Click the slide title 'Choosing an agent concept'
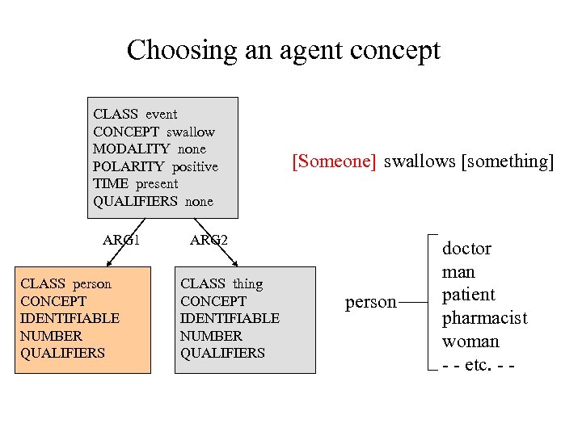point(284,51)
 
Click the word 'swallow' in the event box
point(191,132)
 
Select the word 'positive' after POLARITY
point(194,166)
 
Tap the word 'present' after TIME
point(157,183)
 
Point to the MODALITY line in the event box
point(150,149)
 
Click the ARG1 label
point(121,239)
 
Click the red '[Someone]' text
point(334,161)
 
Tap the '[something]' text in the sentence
point(508,161)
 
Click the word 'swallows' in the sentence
point(419,161)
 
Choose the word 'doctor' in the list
point(466,249)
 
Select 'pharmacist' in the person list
point(484,318)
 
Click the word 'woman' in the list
point(470,342)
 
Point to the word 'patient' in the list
point(468,295)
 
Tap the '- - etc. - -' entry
point(479,364)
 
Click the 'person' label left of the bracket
point(371,303)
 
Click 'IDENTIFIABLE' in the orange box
point(70,318)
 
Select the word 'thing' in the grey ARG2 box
point(247,283)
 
